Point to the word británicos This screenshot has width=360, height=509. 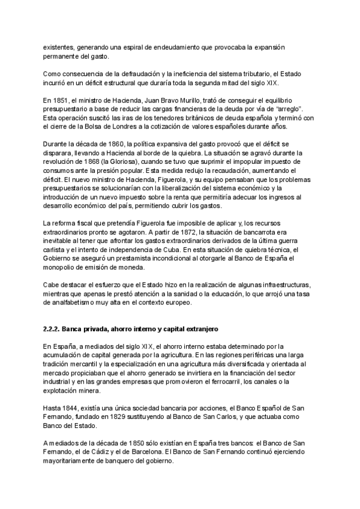click(170, 117)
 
